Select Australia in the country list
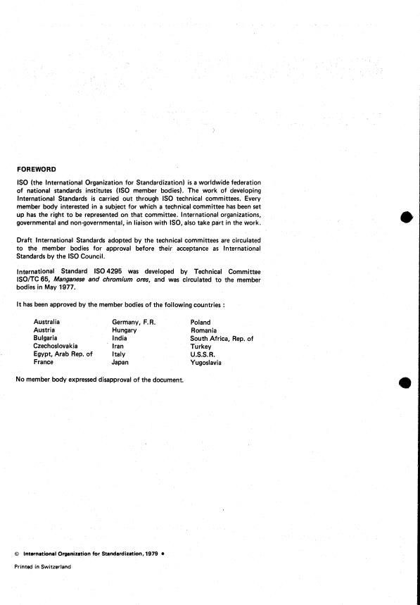(46, 323)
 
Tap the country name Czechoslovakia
(56, 347)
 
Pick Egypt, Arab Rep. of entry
(63, 354)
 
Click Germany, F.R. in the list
(134, 323)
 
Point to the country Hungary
(124, 330)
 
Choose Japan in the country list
(121, 363)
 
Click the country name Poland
(201, 323)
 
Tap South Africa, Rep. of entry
(222, 339)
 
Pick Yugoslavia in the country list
(206, 363)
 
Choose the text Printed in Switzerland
(43, 566)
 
